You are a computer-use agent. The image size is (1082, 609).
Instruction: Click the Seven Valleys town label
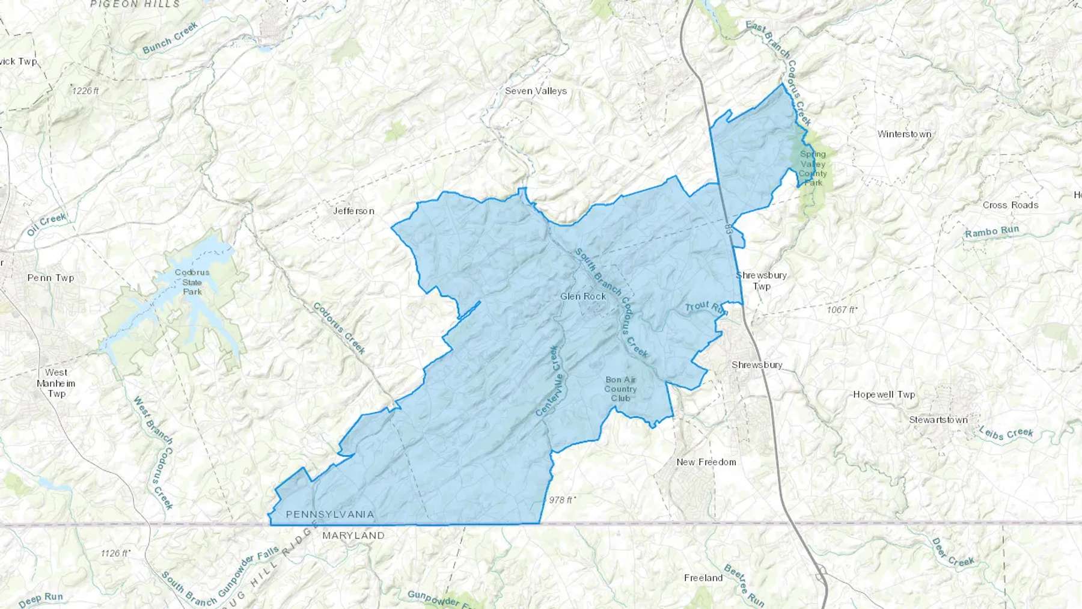pos(536,91)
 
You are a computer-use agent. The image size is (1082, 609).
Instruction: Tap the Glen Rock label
pos(582,296)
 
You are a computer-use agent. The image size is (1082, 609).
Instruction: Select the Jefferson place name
pos(353,211)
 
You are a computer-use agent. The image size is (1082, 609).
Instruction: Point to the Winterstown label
pos(904,134)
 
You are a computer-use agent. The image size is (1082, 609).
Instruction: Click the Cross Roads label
pos(1010,205)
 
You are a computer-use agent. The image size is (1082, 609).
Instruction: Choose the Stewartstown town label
pos(938,420)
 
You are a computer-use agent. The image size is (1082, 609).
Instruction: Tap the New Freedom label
pos(706,462)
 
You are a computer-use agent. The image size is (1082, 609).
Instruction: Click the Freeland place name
pos(703,578)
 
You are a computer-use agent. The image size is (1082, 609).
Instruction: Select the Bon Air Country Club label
pos(620,389)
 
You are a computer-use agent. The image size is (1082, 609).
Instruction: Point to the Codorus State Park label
pos(192,282)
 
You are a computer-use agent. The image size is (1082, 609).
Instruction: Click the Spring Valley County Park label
pos(813,168)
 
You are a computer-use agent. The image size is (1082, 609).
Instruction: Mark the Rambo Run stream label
pos(992,231)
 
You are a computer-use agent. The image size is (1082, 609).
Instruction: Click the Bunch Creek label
pos(170,38)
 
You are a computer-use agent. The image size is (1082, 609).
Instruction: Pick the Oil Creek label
pos(46,224)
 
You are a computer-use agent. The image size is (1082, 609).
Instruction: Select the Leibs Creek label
pos(1006,432)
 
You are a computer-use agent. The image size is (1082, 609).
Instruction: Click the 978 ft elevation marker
pos(562,500)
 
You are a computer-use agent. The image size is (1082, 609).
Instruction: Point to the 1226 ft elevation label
pos(85,91)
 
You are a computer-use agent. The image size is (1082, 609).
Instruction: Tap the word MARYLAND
pos(353,535)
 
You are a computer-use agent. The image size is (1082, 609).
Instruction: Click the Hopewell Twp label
pos(884,395)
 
